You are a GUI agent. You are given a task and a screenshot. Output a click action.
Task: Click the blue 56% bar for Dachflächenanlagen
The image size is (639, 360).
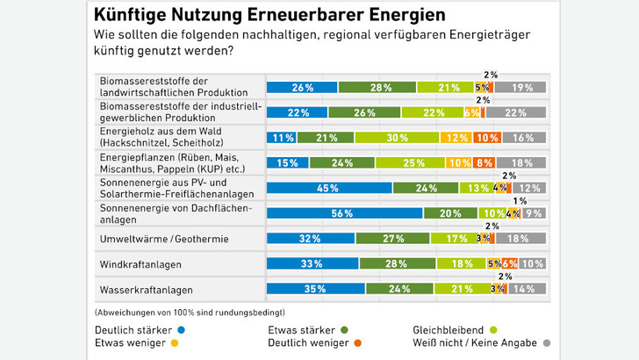coord(344,212)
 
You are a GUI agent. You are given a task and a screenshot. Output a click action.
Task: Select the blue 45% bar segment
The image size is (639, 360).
coord(329,187)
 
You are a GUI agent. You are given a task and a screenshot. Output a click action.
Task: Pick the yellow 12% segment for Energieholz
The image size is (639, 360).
coord(456,137)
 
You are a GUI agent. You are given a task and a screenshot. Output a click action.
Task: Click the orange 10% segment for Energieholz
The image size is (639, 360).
coord(486,137)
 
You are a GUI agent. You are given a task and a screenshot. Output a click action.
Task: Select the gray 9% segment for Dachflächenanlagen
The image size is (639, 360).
coord(534,212)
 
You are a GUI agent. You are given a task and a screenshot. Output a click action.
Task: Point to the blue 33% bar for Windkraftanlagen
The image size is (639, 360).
coord(312,263)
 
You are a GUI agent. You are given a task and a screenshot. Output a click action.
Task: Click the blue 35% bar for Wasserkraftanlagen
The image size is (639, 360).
coord(315,288)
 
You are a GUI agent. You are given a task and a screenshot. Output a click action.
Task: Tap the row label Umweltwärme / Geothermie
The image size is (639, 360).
coord(163,238)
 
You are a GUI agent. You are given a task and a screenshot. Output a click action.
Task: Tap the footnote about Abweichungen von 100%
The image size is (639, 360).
coord(190,312)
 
